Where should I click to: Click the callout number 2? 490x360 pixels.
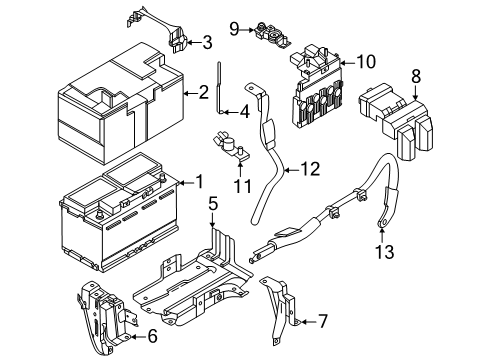[x=203, y=93]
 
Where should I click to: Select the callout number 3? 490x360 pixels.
[x=207, y=42]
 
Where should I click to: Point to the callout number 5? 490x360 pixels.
[x=212, y=205]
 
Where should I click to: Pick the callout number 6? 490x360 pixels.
[x=153, y=337]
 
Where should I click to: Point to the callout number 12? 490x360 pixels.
[x=313, y=169]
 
